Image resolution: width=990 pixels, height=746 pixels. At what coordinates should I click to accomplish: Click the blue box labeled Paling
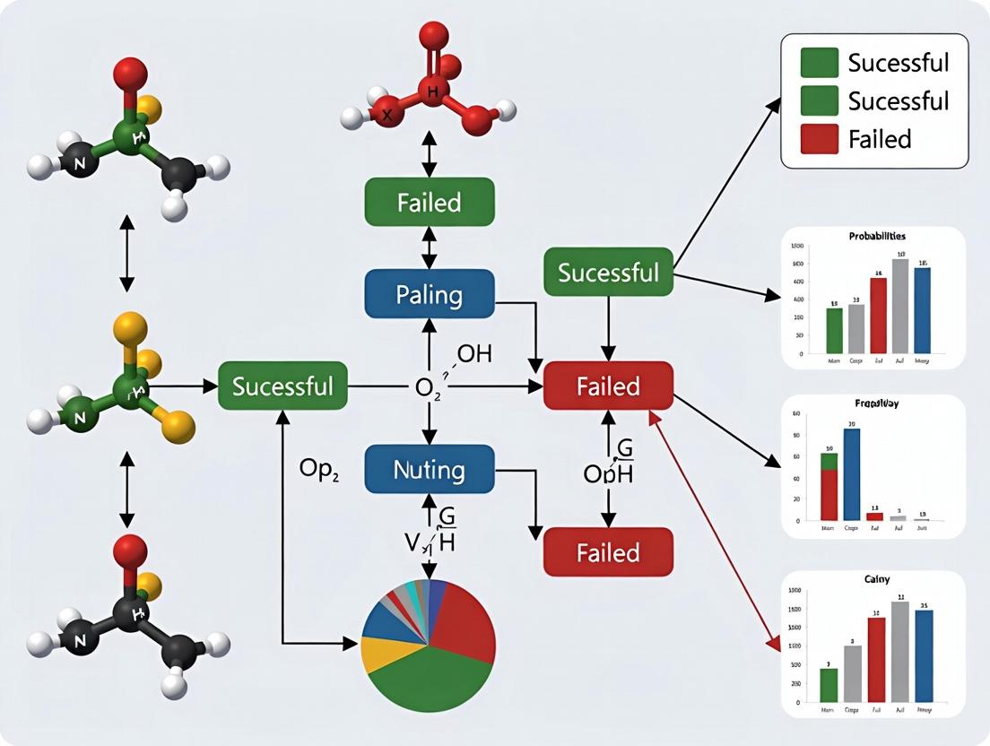click(429, 293)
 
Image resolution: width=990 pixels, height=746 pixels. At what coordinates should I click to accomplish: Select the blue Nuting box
click(429, 469)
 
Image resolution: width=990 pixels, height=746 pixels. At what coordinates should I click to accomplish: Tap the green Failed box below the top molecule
click(429, 202)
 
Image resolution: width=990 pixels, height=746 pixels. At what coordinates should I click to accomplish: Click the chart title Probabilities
click(876, 236)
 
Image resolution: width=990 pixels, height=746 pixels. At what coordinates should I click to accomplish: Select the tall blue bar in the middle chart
click(852, 475)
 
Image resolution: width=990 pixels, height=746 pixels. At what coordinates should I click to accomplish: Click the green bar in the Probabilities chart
click(834, 330)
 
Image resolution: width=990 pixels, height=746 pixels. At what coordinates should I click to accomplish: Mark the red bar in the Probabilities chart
click(878, 316)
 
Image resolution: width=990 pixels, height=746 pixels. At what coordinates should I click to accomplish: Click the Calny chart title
click(876, 580)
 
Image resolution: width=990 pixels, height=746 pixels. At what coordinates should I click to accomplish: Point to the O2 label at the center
click(428, 388)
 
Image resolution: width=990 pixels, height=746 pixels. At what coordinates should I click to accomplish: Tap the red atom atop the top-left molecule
click(131, 73)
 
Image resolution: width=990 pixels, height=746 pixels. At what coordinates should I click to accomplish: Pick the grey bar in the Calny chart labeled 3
click(854, 673)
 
